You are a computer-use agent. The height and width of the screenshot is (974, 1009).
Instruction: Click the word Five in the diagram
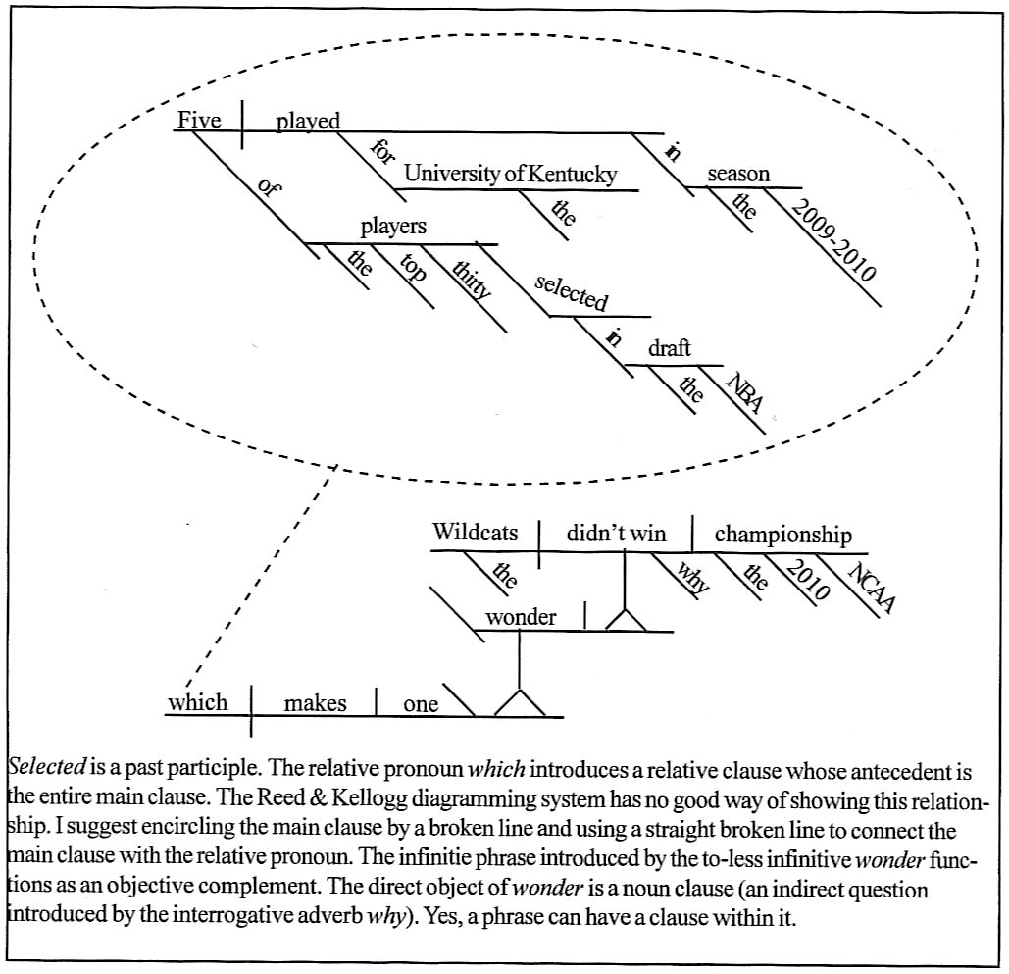point(198,120)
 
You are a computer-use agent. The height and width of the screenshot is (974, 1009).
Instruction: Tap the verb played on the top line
point(308,121)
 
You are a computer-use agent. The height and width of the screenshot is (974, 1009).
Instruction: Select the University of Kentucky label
point(510,175)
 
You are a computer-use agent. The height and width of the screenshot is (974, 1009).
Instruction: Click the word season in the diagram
point(738,174)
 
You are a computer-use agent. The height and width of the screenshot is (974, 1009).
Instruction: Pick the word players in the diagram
point(393,227)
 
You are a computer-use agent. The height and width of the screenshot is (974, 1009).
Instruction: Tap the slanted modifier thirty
point(472,279)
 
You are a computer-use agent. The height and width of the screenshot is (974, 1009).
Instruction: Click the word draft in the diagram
point(670,348)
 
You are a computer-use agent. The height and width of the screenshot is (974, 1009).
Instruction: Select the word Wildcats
point(476,533)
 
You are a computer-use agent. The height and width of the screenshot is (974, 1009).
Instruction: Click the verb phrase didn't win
point(616,534)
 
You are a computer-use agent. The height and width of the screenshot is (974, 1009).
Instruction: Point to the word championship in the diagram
point(782,534)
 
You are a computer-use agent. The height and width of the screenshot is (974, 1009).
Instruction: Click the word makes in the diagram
point(315,703)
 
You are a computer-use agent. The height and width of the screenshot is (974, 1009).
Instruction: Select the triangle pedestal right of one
point(518,702)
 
